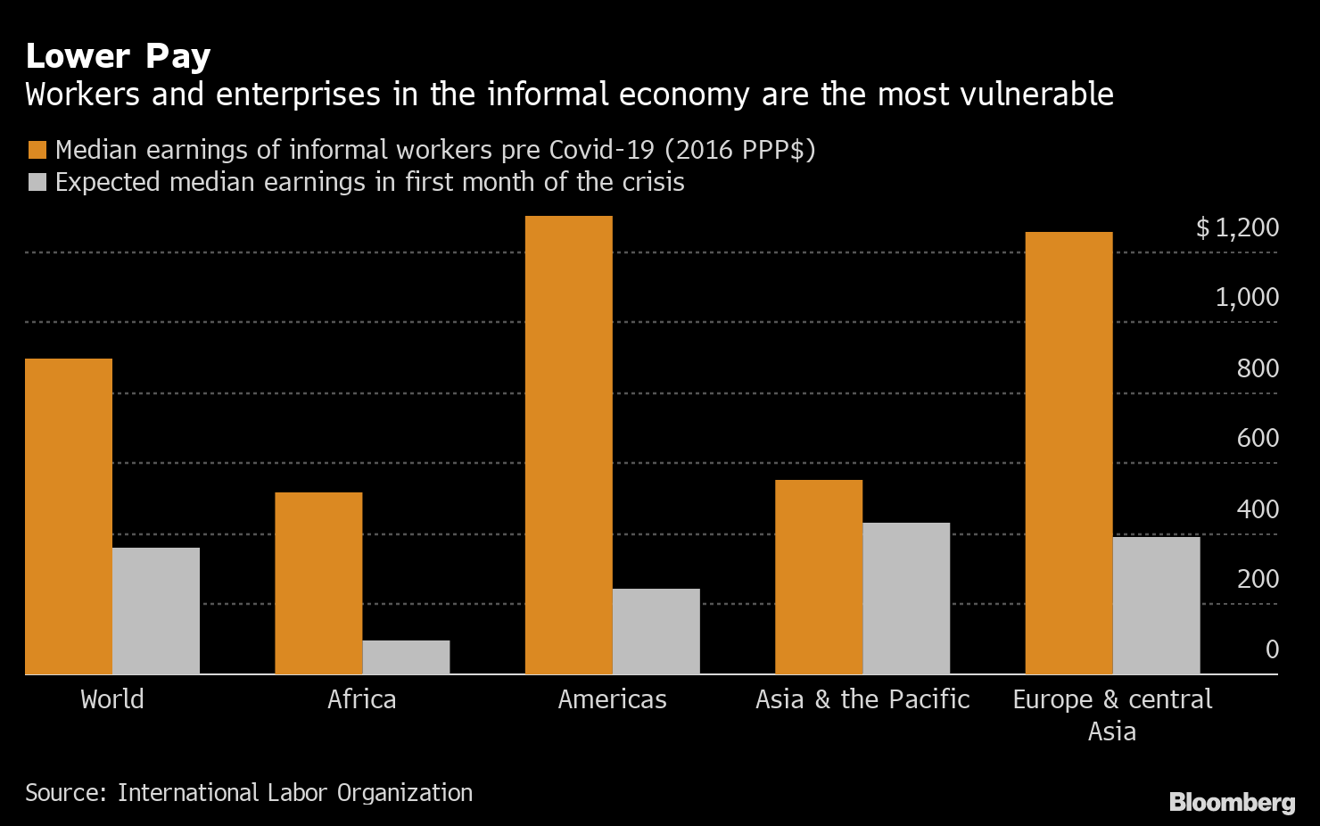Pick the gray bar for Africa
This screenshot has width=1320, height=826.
pos(406,657)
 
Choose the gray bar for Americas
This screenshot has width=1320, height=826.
pos(656,631)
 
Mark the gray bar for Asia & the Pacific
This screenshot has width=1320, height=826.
pos(906,598)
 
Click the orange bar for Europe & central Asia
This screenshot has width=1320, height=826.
pos(1069,452)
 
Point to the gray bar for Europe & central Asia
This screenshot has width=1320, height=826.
pos(1157,605)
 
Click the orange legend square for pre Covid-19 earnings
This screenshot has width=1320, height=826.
pos(37,150)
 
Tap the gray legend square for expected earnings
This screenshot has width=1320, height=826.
pos(37,183)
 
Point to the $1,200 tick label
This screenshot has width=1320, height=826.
pos(1237,228)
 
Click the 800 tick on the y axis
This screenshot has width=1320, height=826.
pos(1258,368)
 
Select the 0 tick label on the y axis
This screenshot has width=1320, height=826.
pos(1272,649)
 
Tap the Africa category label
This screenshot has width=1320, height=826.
pos(361,698)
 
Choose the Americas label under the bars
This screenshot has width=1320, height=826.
pos(612,698)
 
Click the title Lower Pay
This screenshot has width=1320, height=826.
pos(118,56)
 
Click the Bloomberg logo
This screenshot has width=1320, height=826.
pos(1232,802)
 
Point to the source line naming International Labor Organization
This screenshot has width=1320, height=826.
pos(249,792)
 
